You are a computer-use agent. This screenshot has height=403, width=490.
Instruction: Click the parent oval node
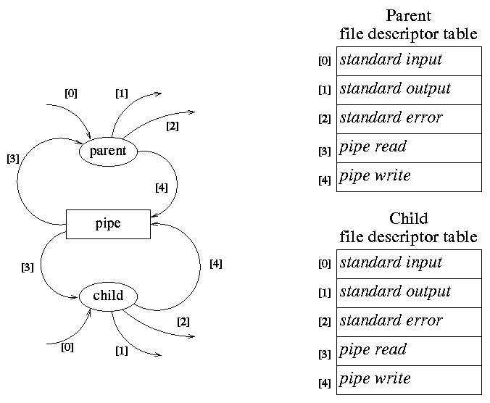pyautogui.click(x=107, y=151)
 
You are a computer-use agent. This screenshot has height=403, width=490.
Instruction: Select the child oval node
pyautogui.click(x=108, y=295)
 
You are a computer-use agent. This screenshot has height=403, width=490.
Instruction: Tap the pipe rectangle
pyautogui.click(x=108, y=224)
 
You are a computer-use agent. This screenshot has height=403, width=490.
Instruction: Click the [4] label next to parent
pyautogui.click(x=161, y=188)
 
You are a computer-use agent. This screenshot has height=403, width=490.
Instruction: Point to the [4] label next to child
pyautogui.click(x=215, y=265)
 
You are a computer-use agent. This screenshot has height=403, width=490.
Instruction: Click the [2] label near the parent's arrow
pyautogui.click(x=172, y=126)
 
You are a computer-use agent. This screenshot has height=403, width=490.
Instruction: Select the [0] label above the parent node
pyautogui.click(x=71, y=94)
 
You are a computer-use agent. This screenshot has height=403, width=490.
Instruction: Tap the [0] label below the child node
pyautogui.click(x=67, y=347)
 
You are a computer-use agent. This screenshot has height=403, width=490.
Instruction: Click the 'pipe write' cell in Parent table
pyautogui.click(x=409, y=177)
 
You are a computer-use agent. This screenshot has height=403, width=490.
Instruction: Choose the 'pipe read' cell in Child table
pyautogui.click(x=409, y=351)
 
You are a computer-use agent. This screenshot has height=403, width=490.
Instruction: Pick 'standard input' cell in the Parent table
pyautogui.click(x=409, y=61)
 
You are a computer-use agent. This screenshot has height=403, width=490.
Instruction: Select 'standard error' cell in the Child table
pyautogui.click(x=409, y=322)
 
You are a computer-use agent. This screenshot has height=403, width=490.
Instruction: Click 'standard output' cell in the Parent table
pyautogui.click(x=409, y=90)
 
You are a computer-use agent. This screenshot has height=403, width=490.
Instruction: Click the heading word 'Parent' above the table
pyautogui.click(x=408, y=16)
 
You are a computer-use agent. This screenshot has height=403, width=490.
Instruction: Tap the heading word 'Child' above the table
pyautogui.click(x=408, y=219)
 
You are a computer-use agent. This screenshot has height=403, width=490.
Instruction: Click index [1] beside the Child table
pyautogui.click(x=324, y=294)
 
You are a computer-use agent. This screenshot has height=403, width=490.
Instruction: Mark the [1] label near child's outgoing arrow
pyautogui.click(x=122, y=351)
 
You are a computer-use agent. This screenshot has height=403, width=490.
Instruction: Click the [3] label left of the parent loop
pyautogui.click(x=12, y=158)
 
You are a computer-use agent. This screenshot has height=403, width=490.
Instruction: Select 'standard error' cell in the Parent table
pyautogui.click(x=409, y=119)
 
